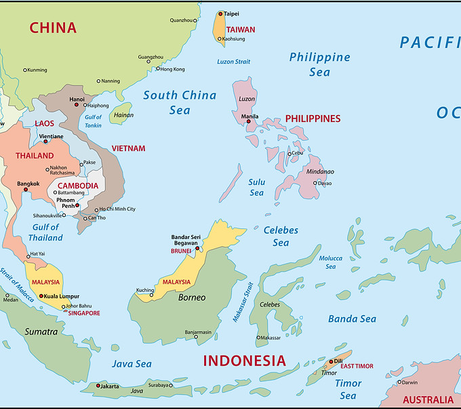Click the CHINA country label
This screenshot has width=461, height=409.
[x=53, y=28]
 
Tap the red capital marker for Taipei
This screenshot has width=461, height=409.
[x=220, y=14]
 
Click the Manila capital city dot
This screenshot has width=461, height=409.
[x=248, y=121]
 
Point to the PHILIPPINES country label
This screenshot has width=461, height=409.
[x=313, y=119]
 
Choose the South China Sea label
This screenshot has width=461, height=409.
[x=180, y=102]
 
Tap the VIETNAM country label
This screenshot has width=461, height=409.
[x=128, y=148]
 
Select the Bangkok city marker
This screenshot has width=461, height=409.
[x=26, y=189]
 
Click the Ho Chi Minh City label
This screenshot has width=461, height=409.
[x=117, y=209]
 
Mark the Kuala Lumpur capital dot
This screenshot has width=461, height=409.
[x=41, y=296]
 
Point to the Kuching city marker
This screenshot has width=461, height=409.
[x=152, y=295]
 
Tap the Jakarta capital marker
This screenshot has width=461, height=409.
[x=98, y=385]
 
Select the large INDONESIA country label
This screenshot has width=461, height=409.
[x=245, y=360]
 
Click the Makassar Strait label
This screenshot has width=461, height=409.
[x=243, y=301]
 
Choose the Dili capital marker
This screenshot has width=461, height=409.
[x=332, y=361]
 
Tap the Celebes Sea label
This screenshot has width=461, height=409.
[x=281, y=236]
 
